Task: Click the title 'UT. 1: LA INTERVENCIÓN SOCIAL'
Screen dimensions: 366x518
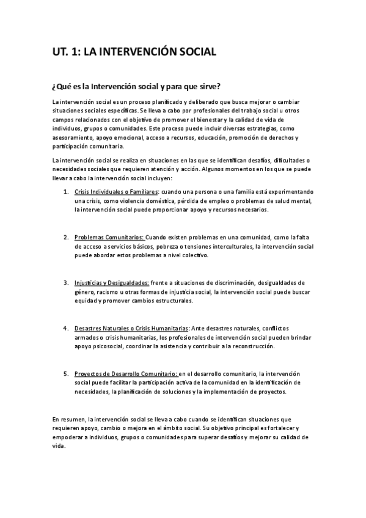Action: pyautogui.click(x=134, y=53)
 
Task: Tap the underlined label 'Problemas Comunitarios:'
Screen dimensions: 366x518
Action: pyautogui.click(x=109, y=237)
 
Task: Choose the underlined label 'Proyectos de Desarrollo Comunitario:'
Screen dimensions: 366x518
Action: pyautogui.click(x=126, y=374)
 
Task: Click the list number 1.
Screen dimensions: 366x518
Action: pyautogui.click(x=66, y=192)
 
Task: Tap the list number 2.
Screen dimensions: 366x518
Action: pyautogui.click(x=66, y=237)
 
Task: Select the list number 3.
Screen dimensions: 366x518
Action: pyautogui.click(x=66, y=283)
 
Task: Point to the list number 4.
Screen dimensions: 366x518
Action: pyautogui.click(x=66, y=328)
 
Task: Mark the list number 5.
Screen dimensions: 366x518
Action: pyautogui.click(x=66, y=374)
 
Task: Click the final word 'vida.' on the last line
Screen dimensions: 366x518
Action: pyautogui.click(x=59, y=447)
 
